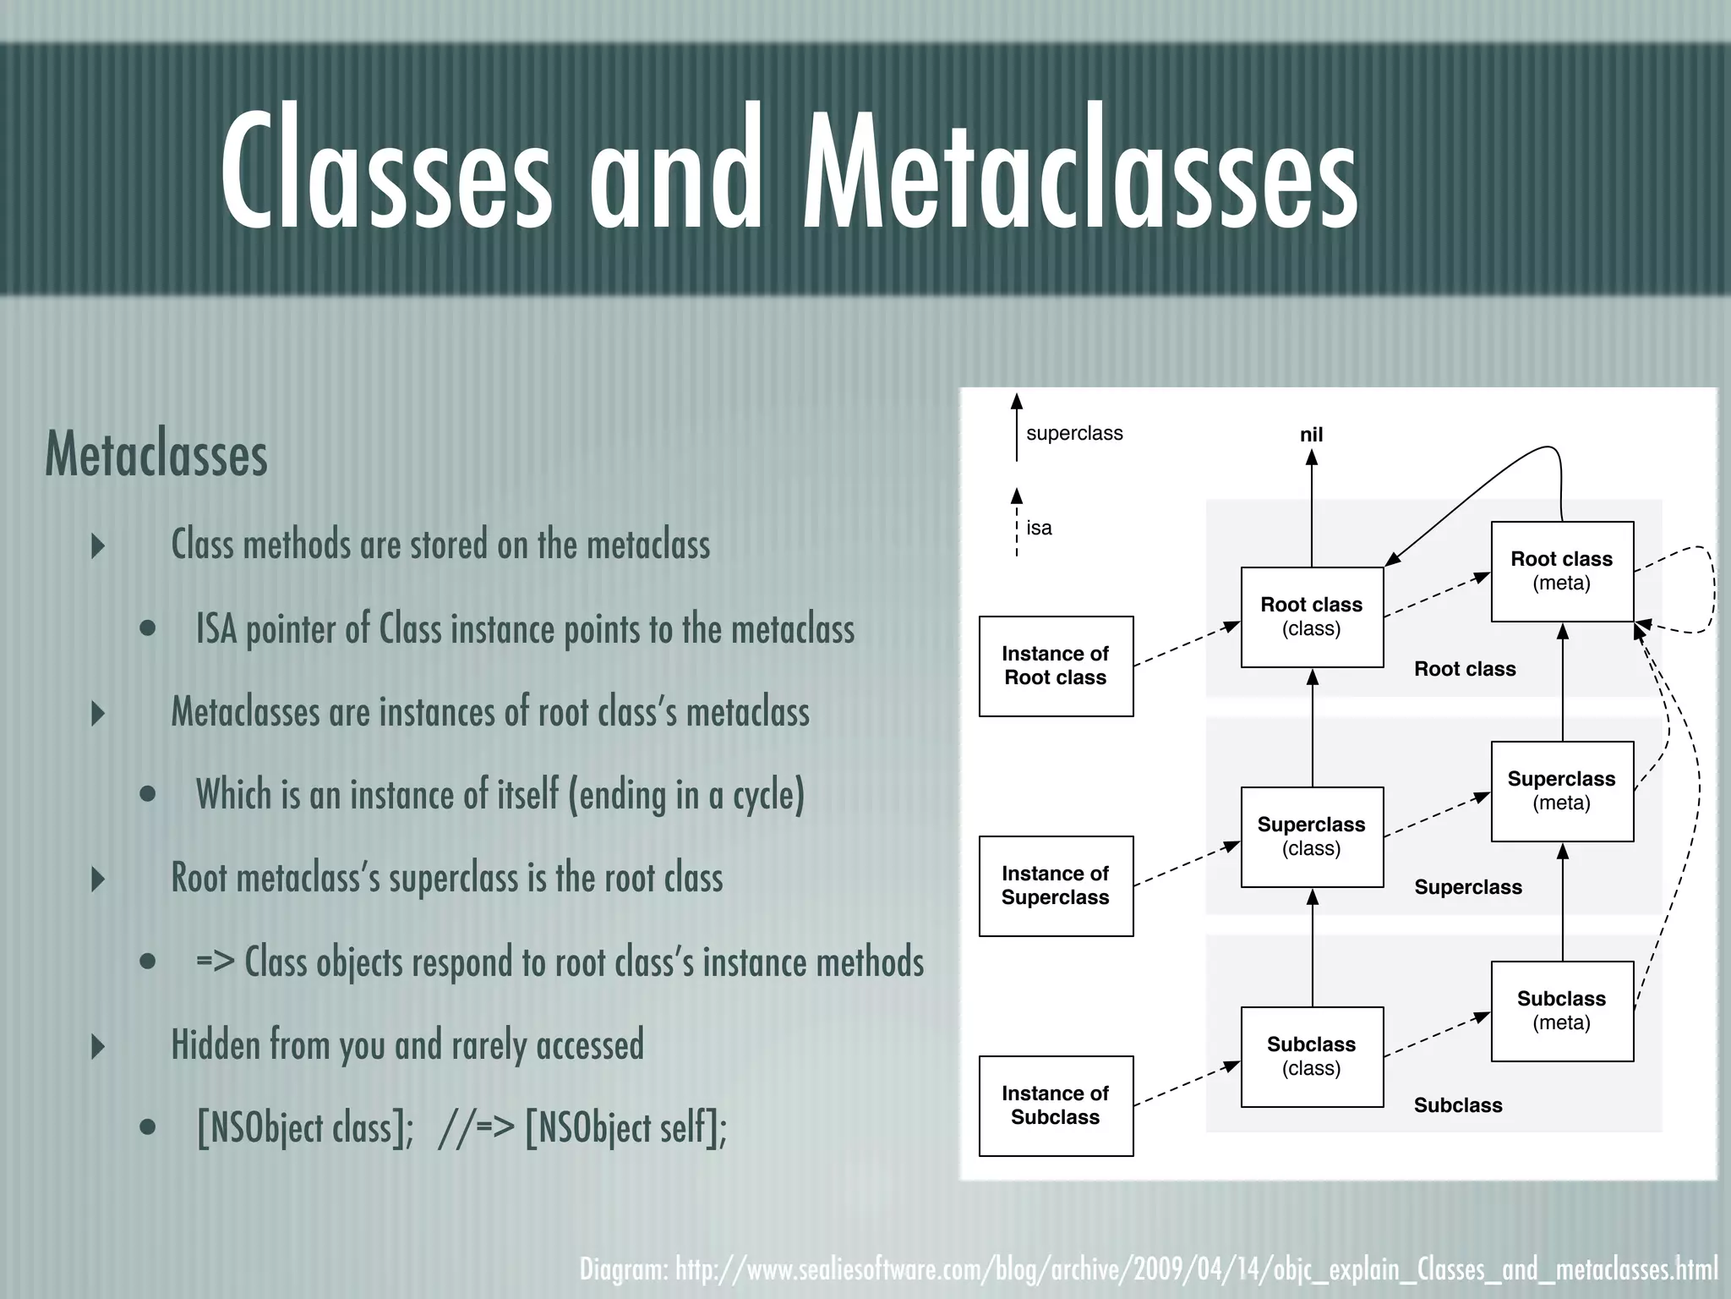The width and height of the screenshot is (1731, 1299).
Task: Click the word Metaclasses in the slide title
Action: point(1080,169)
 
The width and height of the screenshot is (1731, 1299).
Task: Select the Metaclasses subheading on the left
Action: point(156,454)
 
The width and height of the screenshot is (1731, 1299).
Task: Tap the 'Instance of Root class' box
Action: point(1056,666)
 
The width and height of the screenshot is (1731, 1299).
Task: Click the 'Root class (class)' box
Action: point(1311,617)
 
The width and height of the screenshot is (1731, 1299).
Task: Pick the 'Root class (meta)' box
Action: point(1561,571)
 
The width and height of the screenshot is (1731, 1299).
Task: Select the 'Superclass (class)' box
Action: point(1311,836)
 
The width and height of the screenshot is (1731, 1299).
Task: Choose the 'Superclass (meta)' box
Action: point(1561,791)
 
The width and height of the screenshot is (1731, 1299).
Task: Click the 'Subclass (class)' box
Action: point(1311,1056)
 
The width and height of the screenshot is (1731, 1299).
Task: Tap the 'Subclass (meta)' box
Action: point(1561,1011)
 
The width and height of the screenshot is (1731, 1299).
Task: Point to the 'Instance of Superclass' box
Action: point(1056,885)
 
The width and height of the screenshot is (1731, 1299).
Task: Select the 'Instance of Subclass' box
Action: point(1056,1105)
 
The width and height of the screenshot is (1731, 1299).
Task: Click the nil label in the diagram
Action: point(1311,435)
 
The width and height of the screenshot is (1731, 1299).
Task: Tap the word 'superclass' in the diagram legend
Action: point(1074,433)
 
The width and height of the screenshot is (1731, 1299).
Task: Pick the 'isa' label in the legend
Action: point(1039,528)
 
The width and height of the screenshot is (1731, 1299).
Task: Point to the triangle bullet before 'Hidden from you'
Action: point(98,1046)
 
